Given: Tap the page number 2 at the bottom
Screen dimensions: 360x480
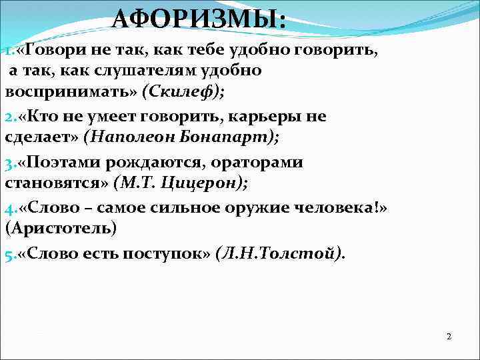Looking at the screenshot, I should coord(449,337).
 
